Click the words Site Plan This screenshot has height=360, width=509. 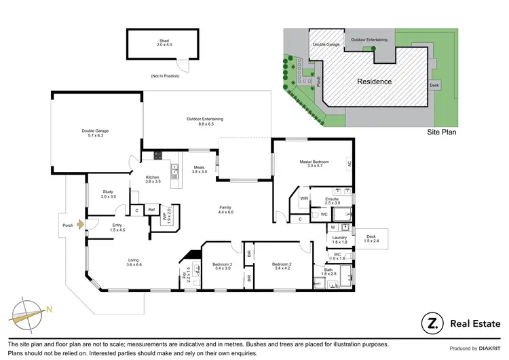pos(440,132)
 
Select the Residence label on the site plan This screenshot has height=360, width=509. pos(375,82)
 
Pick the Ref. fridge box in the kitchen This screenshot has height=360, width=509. pos(152,211)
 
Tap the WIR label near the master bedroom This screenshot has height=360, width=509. pos(305,198)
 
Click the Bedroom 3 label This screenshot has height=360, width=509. pos(222,266)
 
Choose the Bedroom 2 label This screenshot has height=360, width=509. pos(281,266)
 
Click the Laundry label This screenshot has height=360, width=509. pos(339,239)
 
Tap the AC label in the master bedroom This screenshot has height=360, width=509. pos(350,164)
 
